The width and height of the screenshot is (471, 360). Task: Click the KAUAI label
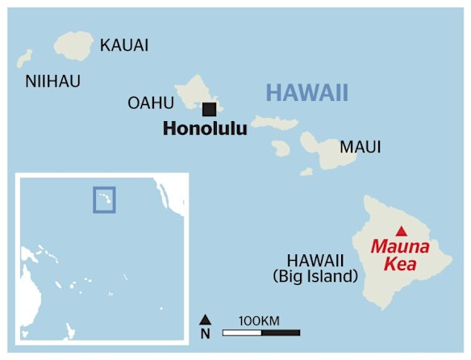tap(124, 45)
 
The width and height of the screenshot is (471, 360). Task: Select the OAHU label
tap(151, 103)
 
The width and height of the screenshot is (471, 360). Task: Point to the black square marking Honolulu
tap(210, 109)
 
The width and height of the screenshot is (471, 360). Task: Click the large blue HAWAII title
tap(306, 93)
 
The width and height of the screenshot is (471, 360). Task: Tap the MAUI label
tap(361, 148)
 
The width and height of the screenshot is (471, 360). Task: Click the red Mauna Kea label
tap(400, 255)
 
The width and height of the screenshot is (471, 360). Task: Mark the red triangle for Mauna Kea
tap(400, 229)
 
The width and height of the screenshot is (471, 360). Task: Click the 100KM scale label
tap(260, 320)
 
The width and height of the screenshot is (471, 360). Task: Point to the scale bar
tap(261, 333)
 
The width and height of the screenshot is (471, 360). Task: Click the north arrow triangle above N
tap(206, 320)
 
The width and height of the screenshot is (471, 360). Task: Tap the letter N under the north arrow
tap(206, 333)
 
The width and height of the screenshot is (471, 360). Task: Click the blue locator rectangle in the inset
tap(104, 199)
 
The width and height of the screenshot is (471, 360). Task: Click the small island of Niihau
tap(25, 58)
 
